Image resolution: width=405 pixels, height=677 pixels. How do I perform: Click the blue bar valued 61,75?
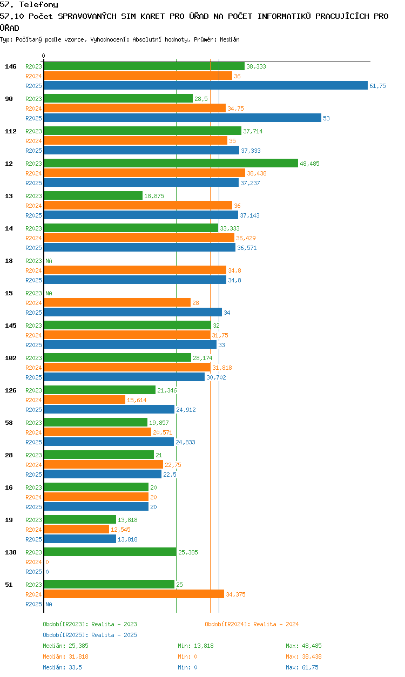pyautogui.click(x=206, y=85)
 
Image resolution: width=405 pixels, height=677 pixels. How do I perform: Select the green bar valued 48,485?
pyautogui.click(x=171, y=163)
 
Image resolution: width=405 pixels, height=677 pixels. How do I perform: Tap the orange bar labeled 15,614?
pyautogui.click(x=85, y=400)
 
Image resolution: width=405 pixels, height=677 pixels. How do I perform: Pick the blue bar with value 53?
pyautogui.click(x=183, y=118)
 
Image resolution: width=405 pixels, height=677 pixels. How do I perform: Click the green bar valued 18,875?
pyautogui.click(x=93, y=195)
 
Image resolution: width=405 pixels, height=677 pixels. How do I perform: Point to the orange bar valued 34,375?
pyautogui.click(x=134, y=594)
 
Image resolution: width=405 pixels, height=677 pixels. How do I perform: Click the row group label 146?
pyautogui.click(x=11, y=66)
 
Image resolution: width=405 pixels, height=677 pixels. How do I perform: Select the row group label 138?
pyautogui.click(x=11, y=552)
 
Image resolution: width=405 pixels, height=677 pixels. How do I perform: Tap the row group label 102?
pyautogui.click(x=11, y=358)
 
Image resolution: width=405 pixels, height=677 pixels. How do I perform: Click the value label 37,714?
pyautogui.click(x=253, y=131)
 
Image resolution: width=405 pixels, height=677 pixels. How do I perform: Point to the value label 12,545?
pyautogui.click(x=120, y=530)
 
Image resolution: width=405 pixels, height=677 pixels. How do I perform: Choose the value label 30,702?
pyautogui.click(x=216, y=377)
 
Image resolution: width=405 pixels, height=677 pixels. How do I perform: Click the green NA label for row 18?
pyautogui.click(x=49, y=261)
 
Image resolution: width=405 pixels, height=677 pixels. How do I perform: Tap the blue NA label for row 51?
pyautogui.click(x=49, y=604)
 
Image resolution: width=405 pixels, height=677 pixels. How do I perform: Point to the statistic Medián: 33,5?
pyautogui.click(x=62, y=667)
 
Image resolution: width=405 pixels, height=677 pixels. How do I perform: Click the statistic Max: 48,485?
pyautogui.click(x=303, y=646)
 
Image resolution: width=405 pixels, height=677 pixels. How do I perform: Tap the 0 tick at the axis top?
pyautogui.click(x=44, y=56)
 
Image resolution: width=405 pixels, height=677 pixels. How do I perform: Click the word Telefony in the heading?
pyautogui.click(x=39, y=4)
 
